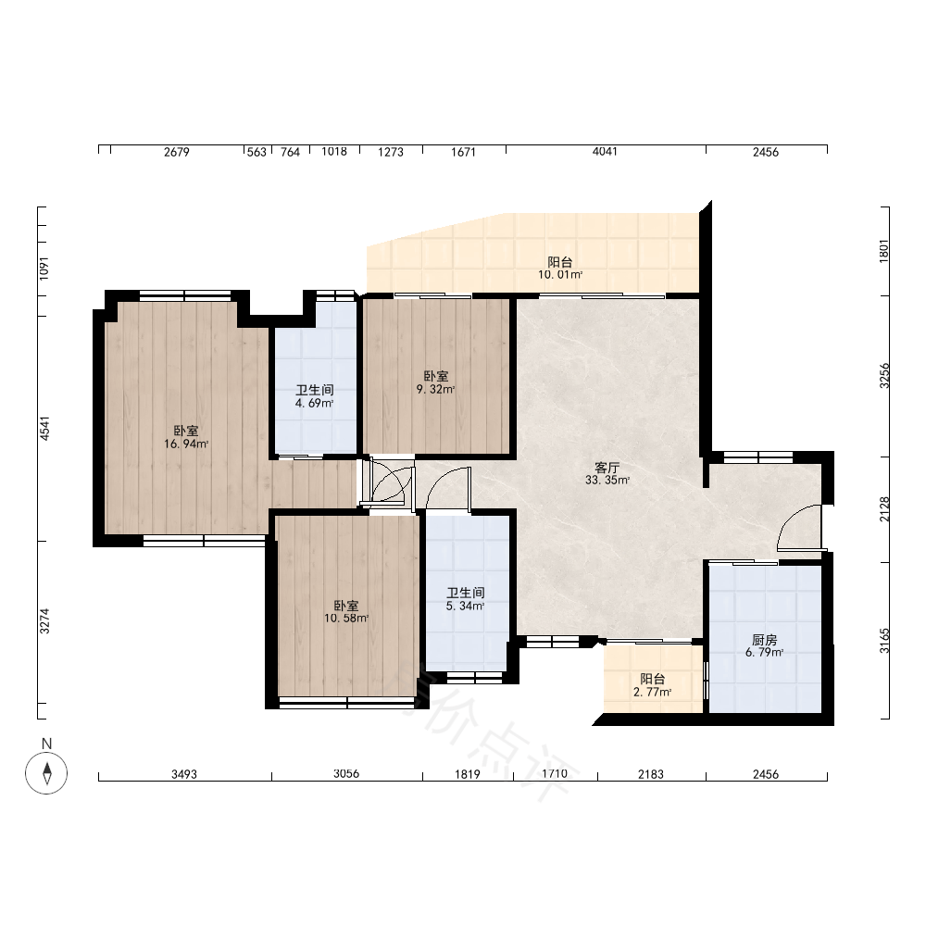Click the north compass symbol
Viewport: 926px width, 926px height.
46,773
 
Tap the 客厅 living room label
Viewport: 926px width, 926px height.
607,468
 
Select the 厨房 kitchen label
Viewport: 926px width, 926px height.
764,640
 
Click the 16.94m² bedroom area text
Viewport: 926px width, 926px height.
186,444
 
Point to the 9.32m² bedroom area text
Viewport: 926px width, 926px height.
436,389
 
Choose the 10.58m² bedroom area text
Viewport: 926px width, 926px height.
346,619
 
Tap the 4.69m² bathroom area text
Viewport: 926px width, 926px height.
314,404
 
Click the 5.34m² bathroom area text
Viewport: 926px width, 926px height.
466,606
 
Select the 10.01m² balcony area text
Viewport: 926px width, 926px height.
560,275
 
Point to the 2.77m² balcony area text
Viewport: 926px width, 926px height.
652,692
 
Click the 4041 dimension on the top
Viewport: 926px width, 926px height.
605,152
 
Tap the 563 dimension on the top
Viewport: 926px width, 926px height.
257,153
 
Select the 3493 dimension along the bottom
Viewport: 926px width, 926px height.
184,774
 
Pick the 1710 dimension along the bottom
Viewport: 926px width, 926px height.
554,774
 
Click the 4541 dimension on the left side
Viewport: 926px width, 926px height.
44,428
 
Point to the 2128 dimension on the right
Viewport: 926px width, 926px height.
884,509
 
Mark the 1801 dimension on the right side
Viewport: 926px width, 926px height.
884,251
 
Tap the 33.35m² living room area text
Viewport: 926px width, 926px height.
607,480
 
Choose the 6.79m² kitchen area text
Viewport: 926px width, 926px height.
764,653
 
